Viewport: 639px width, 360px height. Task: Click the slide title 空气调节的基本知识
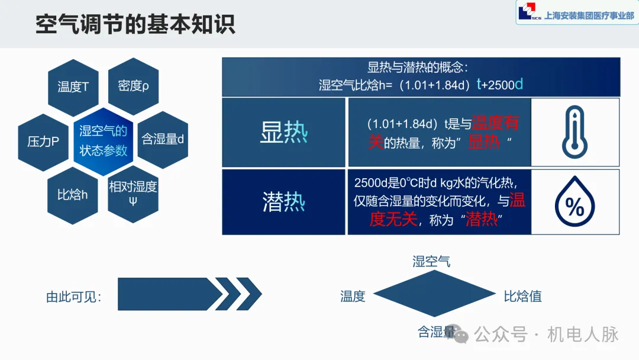click(135, 24)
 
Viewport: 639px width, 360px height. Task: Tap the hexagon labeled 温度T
click(73, 87)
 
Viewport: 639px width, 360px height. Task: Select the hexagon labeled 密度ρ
click(134, 86)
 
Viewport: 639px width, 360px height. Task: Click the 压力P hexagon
click(43, 142)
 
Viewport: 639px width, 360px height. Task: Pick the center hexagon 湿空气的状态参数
click(104, 142)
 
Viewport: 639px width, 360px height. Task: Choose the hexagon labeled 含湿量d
click(163, 140)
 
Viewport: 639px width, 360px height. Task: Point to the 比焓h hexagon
click(73, 194)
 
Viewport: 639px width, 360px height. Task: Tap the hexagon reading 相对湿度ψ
click(133, 194)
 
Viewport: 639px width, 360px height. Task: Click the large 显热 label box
click(283, 132)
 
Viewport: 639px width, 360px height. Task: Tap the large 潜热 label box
click(283, 202)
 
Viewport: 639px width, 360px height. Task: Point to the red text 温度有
click(495, 123)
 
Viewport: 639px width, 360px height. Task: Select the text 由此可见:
click(74, 297)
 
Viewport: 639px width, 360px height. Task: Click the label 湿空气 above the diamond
click(431, 261)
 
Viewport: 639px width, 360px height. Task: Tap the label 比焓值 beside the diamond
click(522, 296)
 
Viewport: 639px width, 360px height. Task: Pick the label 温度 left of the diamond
click(353, 296)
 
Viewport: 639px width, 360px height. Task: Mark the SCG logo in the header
click(527, 12)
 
